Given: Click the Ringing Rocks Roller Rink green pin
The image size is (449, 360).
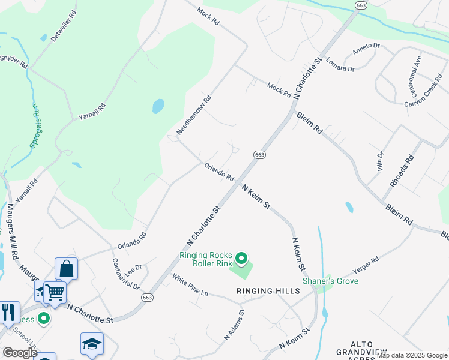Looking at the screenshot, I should (x=241, y=259).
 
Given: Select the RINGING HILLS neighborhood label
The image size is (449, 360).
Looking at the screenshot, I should (x=268, y=291).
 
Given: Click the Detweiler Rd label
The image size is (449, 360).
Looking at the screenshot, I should (x=64, y=25).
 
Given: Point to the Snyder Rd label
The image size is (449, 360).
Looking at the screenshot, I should (x=14, y=61).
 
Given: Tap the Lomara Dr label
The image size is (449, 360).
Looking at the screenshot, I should (x=340, y=65).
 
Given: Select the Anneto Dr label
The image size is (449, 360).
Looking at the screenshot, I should (x=366, y=49).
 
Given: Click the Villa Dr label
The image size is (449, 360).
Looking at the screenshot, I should (x=379, y=161).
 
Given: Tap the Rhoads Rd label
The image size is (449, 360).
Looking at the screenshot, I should (x=402, y=171).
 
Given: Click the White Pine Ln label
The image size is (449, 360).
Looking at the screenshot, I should (x=190, y=285).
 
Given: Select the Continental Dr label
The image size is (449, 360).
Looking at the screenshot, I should (x=125, y=274).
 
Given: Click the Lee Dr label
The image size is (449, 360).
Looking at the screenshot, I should (x=134, y=268).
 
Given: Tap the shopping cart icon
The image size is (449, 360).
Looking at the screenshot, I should (x=55, y=292).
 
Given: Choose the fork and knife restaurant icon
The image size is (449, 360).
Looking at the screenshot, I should (x=8, y=311).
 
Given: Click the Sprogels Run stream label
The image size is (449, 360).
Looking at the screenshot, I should (x=35, y=126).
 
